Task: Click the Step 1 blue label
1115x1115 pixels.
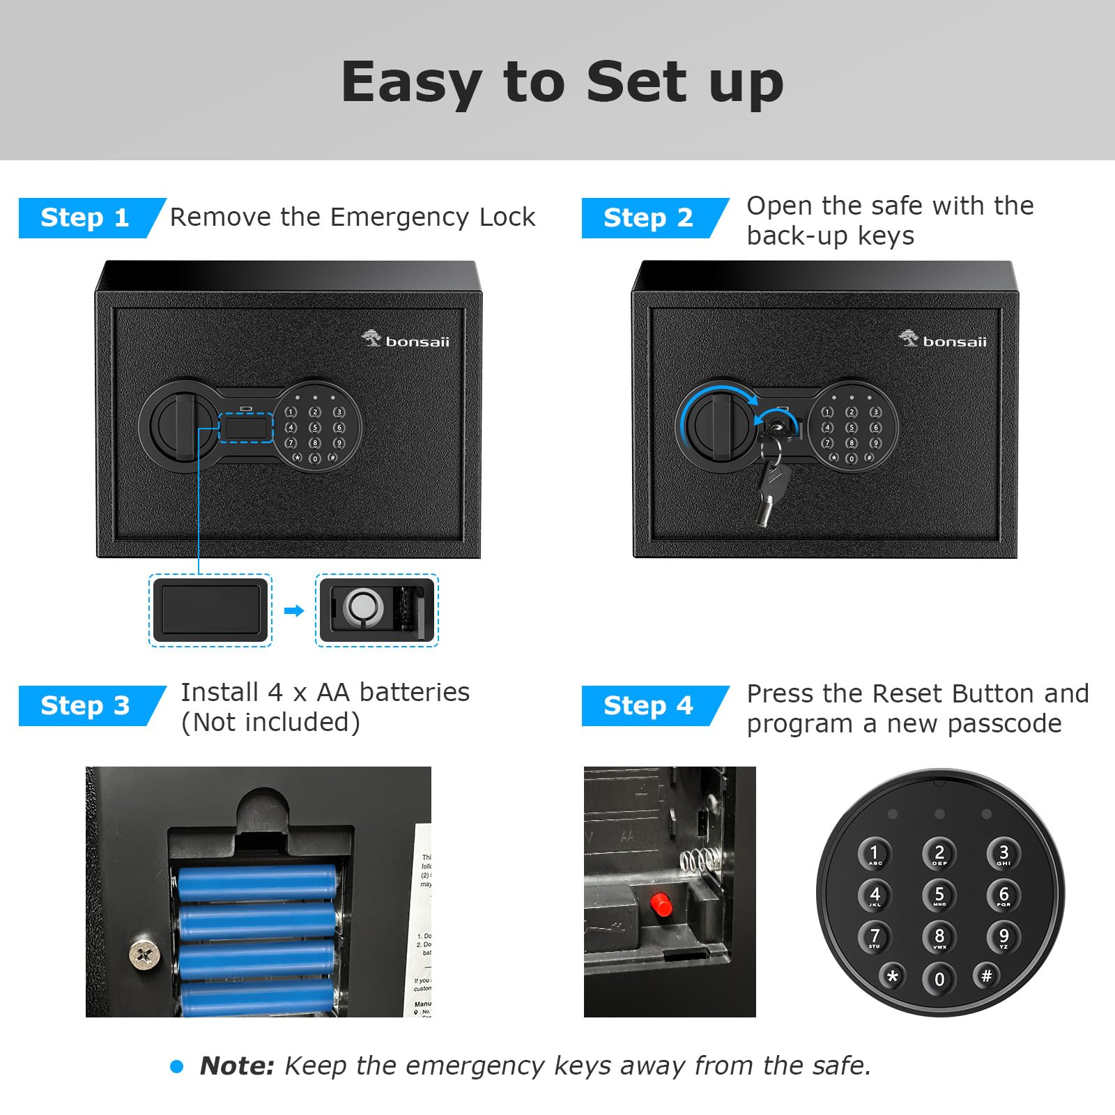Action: pyautogui.click(x=85, y=218)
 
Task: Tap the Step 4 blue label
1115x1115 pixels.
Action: pyautogui.click(x=648, y=706)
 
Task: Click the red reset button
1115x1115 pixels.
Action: pyautogui.click(x=661, y=905)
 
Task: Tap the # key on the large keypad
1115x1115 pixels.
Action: pyautogui.click(x=986, y=976)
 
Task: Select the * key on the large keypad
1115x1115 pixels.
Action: pyautogui.click(x=893, y=976)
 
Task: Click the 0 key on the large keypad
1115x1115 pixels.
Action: pyautogui.click(x=939, y=978)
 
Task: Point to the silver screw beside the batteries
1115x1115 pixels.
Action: pyautogui.click(x=144, y=954)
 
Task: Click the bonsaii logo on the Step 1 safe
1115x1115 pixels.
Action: pyautogui.click(x=406, y=340)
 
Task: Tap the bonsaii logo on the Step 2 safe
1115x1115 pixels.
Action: pyautogui.click(x=943, y=340)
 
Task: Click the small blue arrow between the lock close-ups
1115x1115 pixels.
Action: pyautogui.click(x=294, y=611)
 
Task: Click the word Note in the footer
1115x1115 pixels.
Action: pyautogui.click(x=237, y=1066)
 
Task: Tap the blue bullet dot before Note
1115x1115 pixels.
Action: pyautogui.click(x=177, y=1066)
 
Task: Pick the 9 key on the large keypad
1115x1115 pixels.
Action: pyautogui.click(x=1003, y=937)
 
